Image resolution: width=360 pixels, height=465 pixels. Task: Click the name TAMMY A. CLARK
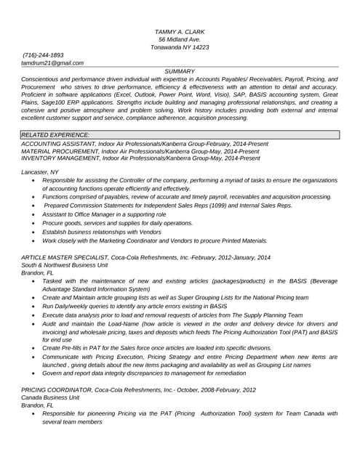point(180,32)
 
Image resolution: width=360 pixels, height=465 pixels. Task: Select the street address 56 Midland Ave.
point(180,39)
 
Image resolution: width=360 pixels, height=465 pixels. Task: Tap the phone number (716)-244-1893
point(43,55)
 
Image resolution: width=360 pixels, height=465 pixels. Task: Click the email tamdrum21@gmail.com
point(52,63)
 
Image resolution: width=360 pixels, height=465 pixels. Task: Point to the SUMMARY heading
point(180,71)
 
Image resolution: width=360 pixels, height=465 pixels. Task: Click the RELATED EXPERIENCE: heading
point(56,135)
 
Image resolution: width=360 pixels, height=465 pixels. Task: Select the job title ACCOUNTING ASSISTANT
point(57,145)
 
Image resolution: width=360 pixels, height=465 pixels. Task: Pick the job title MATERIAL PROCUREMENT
point(59,151)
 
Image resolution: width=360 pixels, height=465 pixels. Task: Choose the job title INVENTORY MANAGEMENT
point(60,158)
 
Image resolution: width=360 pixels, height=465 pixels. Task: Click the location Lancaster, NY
point(40,172)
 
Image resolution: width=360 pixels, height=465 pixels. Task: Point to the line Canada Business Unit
point(50,398)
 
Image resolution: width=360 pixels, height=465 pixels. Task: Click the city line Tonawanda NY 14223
point(180,47)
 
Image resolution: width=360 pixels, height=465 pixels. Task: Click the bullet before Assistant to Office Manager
point(33,215)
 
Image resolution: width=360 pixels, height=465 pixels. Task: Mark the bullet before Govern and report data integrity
point(33,373)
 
